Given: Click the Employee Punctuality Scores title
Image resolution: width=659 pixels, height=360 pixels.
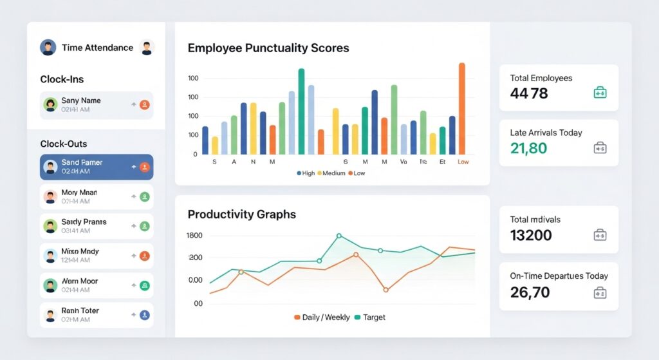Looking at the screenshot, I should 268,48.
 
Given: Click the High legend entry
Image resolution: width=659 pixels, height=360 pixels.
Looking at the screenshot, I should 306,173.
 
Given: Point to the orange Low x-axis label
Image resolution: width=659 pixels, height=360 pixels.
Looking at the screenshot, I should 463,162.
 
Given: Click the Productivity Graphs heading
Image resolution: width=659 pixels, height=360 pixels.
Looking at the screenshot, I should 242,214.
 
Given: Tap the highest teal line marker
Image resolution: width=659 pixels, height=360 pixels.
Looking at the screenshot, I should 339,236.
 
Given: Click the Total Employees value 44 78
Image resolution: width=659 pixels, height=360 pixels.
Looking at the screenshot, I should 529,93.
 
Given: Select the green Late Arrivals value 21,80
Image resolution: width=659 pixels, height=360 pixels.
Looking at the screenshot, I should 528,149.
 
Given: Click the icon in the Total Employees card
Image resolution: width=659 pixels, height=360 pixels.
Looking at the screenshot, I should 600,93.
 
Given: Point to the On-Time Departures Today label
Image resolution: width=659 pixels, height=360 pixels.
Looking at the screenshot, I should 559,276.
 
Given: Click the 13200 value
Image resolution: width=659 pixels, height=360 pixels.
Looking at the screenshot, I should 531,235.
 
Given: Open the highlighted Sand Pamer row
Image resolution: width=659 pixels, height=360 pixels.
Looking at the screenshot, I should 97,167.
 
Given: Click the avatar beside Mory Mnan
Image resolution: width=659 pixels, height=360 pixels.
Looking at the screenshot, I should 50,196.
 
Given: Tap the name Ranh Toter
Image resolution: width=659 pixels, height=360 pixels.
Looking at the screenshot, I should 80,310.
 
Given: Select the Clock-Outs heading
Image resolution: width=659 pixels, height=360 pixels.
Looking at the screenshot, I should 63,144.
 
